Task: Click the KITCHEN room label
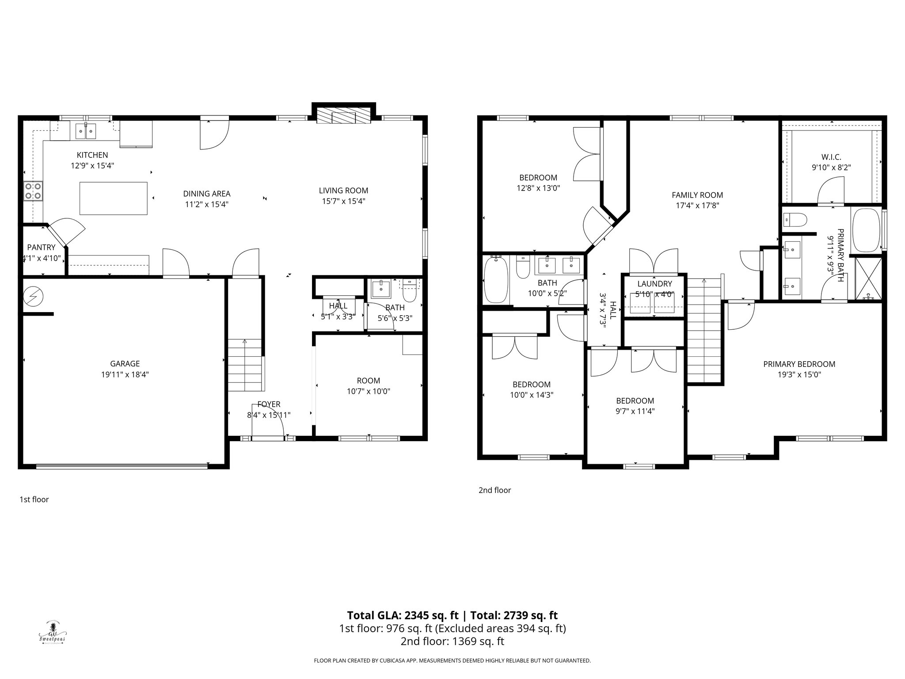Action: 92,155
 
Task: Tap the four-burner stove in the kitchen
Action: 33,191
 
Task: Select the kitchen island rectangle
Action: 114,198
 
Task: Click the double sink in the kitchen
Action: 86,131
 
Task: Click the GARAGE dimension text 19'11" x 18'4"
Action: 125,374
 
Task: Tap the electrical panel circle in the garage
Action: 33,297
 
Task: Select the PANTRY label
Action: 41,248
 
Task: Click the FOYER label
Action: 269,404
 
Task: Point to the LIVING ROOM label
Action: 343,191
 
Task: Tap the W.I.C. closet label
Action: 831,157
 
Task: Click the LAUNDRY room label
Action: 654,284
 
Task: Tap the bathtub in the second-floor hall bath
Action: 496,280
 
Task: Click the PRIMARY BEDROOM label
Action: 799,364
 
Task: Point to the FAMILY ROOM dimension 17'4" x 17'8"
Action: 697,206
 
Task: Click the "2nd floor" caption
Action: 494,490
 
